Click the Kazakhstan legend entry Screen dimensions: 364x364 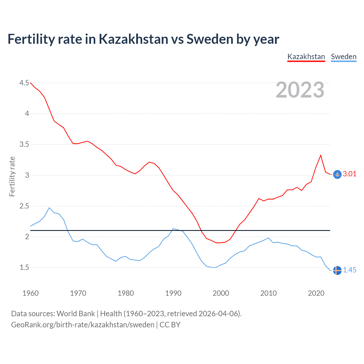(306, 57)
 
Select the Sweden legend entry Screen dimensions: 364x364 (344, 57)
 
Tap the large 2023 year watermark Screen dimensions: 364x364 (300, 90)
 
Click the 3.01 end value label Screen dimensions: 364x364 (349, 174)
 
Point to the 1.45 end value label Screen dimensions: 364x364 (349, 270)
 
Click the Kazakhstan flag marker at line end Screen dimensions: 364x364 (337, 174)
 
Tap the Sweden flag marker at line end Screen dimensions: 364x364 (337, 270)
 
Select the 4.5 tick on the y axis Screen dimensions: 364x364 (24, 83)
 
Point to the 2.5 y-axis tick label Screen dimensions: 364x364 (24, 206)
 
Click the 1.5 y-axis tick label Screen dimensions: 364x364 (24, 268)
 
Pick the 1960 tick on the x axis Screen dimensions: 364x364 (30, 293)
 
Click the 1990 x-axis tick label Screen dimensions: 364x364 (173, 293)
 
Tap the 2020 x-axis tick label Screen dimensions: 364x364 (316, 293)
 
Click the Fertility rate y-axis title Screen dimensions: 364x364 (12, 176)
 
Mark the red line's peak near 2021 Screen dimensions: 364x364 (321, 155)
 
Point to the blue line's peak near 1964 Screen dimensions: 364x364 (49, 208)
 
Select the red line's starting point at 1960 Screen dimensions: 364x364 (30, 83)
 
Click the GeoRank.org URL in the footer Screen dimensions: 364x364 (82, 325)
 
